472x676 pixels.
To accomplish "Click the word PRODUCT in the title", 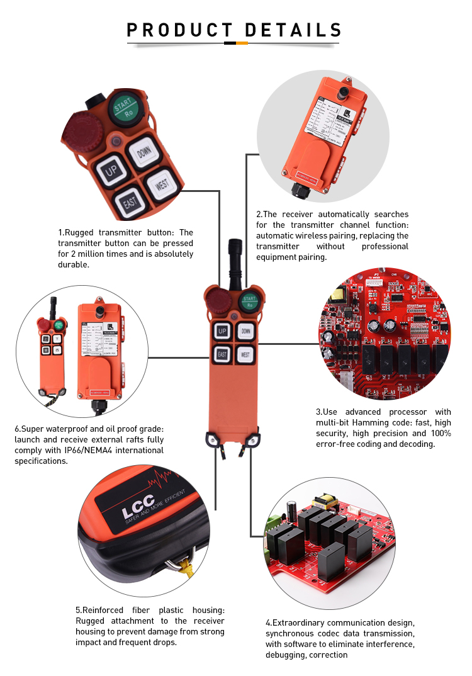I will coord(179,30).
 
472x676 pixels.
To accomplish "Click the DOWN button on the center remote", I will coord(246,330).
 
